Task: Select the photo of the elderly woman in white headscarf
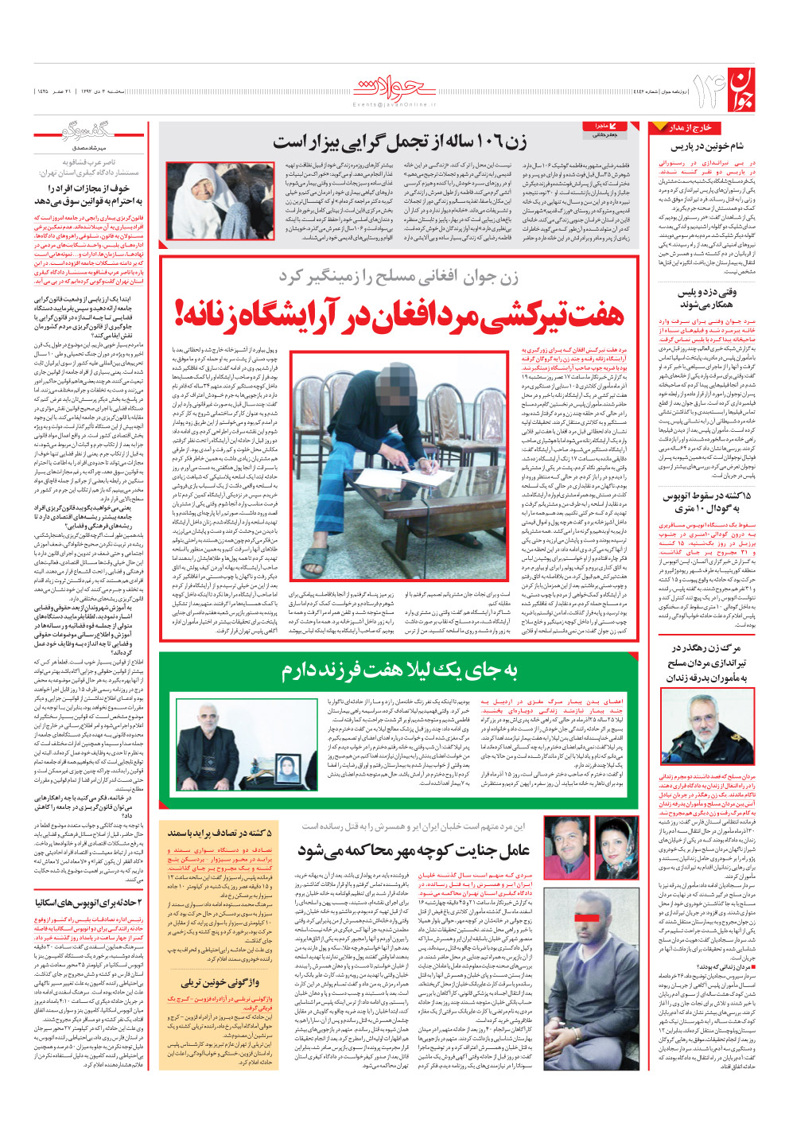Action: click(211, 201)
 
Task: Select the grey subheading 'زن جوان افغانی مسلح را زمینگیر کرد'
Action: click(398, 276)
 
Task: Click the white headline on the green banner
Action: click(398, 670)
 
